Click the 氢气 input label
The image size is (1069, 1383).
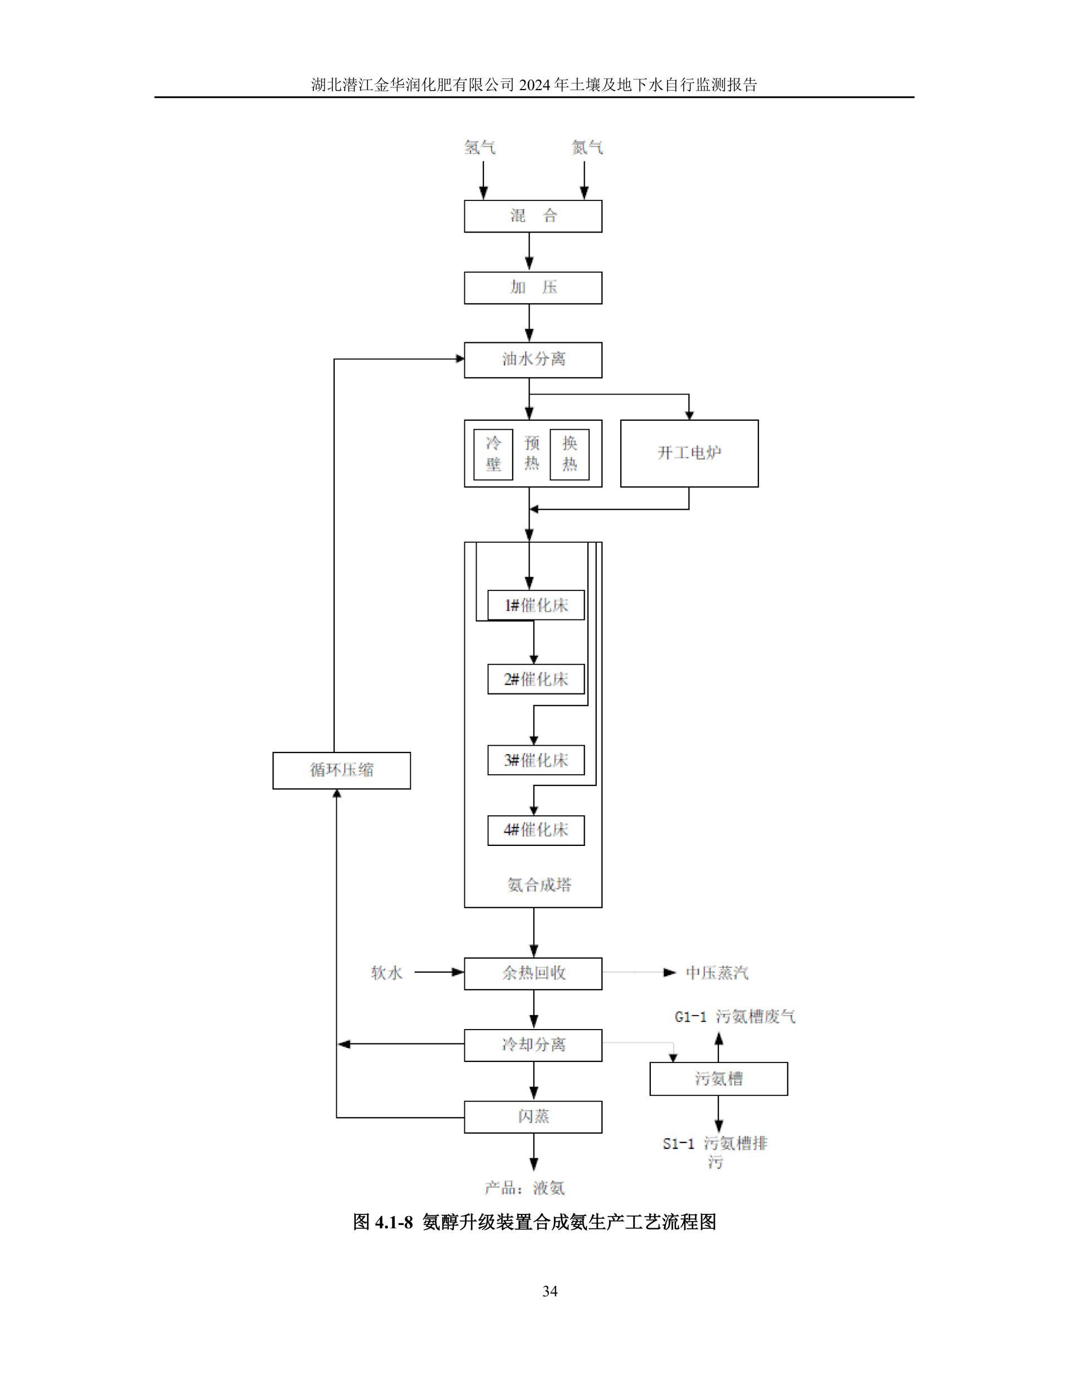coord(480,147)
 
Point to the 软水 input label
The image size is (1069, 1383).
coord(386,973)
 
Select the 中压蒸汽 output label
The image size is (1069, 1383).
coord(717,973)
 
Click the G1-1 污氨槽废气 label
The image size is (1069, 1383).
coord(735,1017)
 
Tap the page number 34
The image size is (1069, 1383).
coord(550,1292)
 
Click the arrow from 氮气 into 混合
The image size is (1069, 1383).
coord(585,180)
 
